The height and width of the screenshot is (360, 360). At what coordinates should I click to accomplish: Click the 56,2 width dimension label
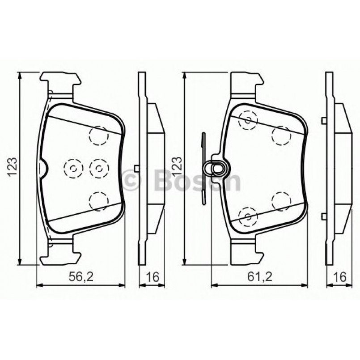[x=81, y=277]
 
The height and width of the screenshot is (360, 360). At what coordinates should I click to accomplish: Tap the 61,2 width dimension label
[x=259, y=277]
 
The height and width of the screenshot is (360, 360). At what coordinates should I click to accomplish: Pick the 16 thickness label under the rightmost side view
[x=340, y=277]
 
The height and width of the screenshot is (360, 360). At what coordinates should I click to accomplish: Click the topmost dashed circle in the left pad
[x=99, y=135]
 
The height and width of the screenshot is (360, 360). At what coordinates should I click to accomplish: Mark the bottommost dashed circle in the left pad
[x=99, y=200]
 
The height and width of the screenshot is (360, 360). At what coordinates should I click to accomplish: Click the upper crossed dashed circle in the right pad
[x=248, y=119]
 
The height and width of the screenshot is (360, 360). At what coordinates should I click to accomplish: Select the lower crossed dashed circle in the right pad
[x=248, y=217]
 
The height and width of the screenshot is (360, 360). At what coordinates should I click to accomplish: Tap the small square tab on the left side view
[x=136, y=168]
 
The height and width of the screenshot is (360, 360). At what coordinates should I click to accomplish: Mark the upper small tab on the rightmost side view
[x=322, y=119]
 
